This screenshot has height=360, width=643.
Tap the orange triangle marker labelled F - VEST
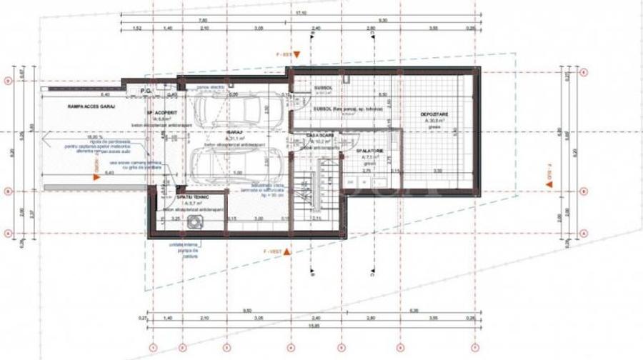point(288,251)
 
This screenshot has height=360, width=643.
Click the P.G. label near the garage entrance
point(146,91)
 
